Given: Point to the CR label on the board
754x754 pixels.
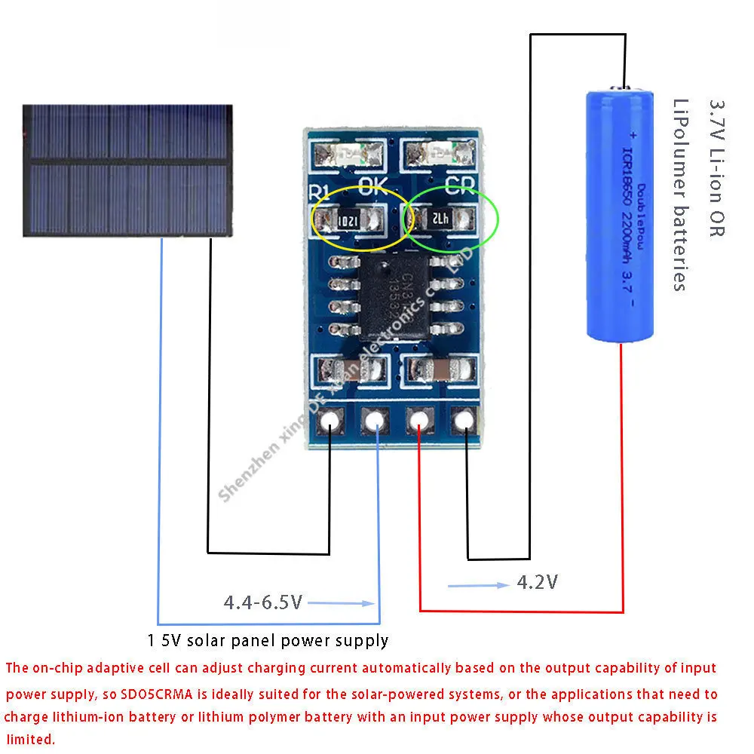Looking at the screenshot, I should point(458,185).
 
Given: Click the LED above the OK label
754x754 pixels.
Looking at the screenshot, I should point(351,155).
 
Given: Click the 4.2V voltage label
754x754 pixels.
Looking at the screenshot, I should point(537,582).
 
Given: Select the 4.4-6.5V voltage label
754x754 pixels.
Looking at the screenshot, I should point(262,602).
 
